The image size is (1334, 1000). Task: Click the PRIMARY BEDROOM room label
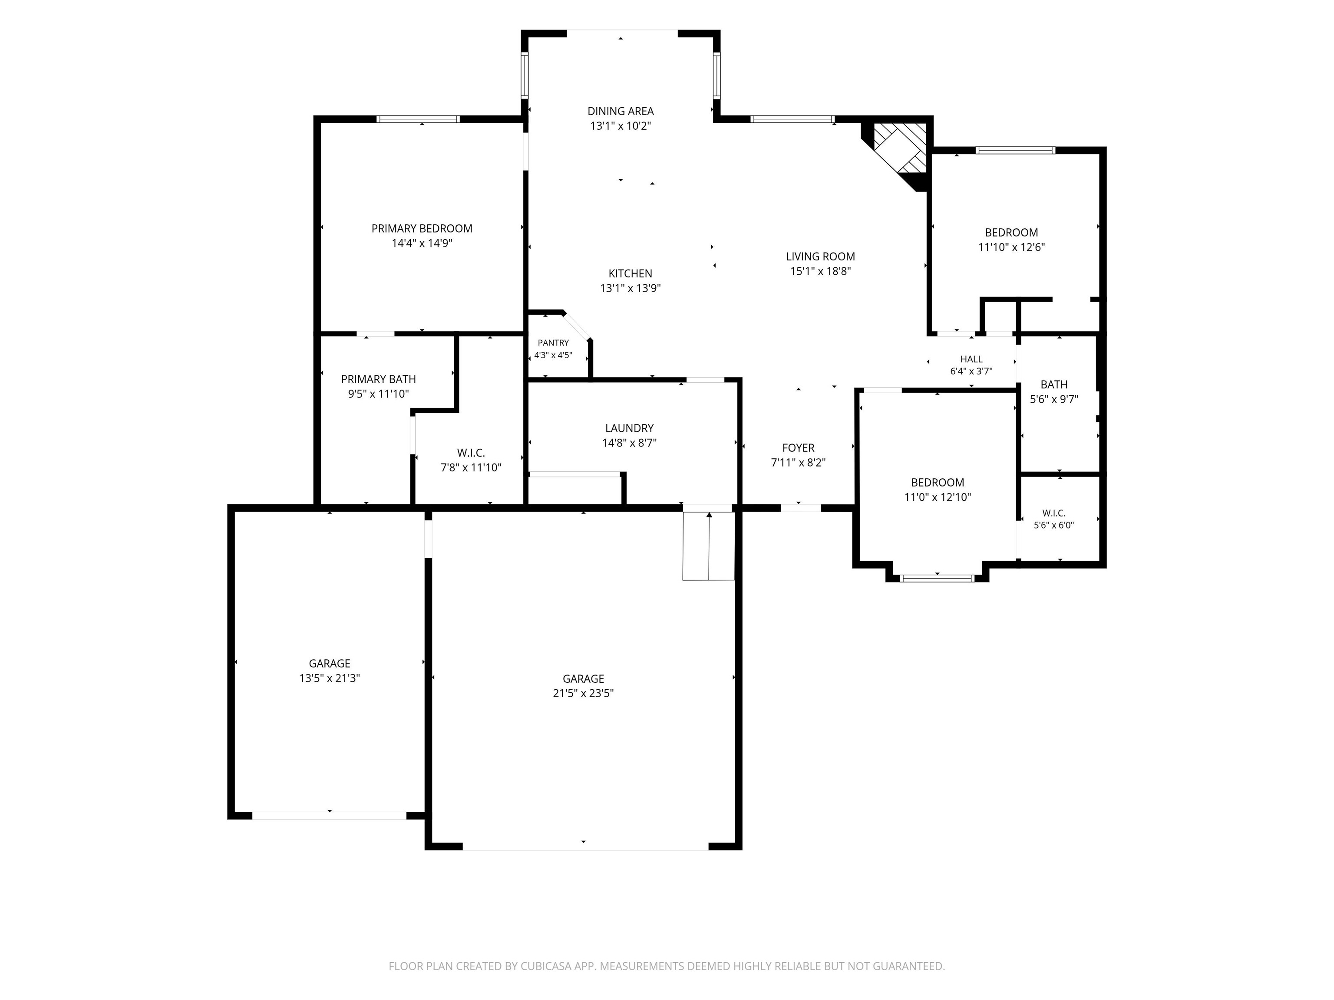click(x=422, y=228)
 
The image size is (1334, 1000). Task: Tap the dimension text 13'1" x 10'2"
click(x=621, y=126)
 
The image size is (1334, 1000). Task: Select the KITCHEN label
click(x=630, y=274)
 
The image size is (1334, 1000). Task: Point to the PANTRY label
click(x=553, y=343)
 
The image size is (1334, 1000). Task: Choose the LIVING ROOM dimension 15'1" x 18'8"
click(x=820, y=271)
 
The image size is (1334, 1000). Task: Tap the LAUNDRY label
click(x=629, y=428)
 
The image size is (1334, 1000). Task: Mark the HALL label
click(x=971, y=359)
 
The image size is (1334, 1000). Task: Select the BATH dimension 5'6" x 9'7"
click(x=1053, y=399)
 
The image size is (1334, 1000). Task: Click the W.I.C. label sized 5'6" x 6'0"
click(x=1053, y=513)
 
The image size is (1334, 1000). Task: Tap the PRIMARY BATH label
click(x=378, y=379)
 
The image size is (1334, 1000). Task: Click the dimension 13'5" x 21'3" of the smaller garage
click(x=329, y=678)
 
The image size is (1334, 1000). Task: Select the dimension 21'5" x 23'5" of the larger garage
click(x=583, y=693)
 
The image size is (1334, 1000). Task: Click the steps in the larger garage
click(x=709, y=546)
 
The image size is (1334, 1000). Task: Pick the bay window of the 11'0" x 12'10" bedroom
click(x=937, y=578)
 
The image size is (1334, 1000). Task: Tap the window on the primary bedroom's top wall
click(x=419, y=119)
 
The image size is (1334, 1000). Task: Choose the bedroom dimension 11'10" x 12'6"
click(x=1011, y=247)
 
